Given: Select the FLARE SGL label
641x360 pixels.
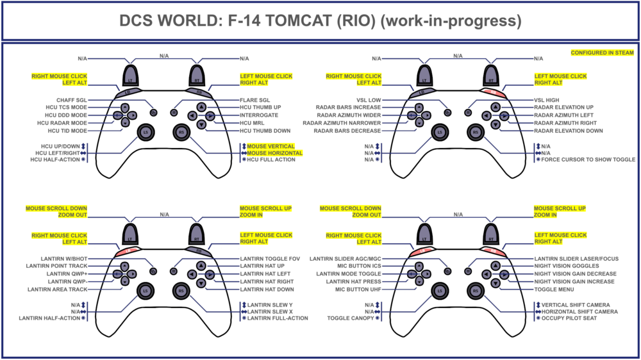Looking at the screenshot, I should click(255, 100).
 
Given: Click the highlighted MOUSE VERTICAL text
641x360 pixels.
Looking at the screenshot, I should click(271, 147).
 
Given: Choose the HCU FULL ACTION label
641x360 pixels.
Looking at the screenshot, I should click(271, 160).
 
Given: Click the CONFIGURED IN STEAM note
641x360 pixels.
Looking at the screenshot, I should click(602, 53).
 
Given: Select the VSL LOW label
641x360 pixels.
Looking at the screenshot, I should click(368, 100).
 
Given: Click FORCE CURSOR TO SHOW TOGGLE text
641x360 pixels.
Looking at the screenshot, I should click(588, 160).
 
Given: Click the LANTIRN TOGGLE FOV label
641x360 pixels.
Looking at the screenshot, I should click(270, 258).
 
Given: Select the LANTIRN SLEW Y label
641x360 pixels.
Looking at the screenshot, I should click(270, 305).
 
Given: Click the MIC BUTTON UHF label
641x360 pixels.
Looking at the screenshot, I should click(358, 290).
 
